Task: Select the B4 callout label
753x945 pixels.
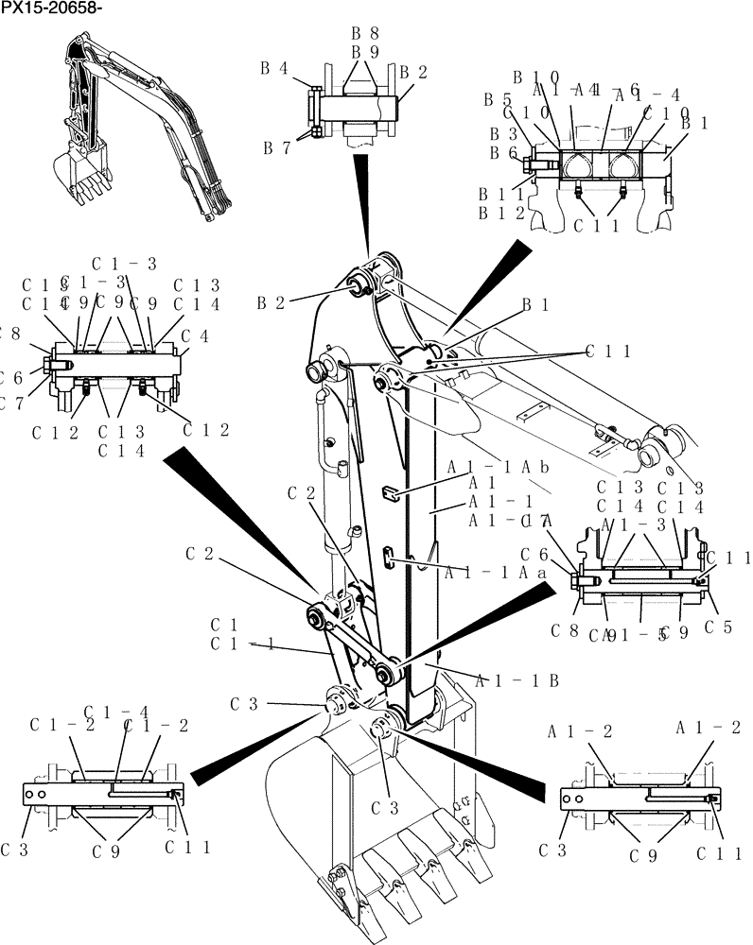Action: click(274, 68)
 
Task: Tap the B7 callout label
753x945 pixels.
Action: click(276, 147)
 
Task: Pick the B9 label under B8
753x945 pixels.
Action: click(365, 52)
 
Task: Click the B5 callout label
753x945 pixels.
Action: click(498, 98)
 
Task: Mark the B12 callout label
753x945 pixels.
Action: click(500, 213)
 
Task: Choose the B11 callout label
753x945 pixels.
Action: click(500, 195)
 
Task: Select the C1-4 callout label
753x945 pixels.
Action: click(116, 711)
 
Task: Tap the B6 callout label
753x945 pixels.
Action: click(502, 152)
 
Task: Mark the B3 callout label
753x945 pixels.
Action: click(502, 134)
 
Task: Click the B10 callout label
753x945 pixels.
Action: click(536, 77)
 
